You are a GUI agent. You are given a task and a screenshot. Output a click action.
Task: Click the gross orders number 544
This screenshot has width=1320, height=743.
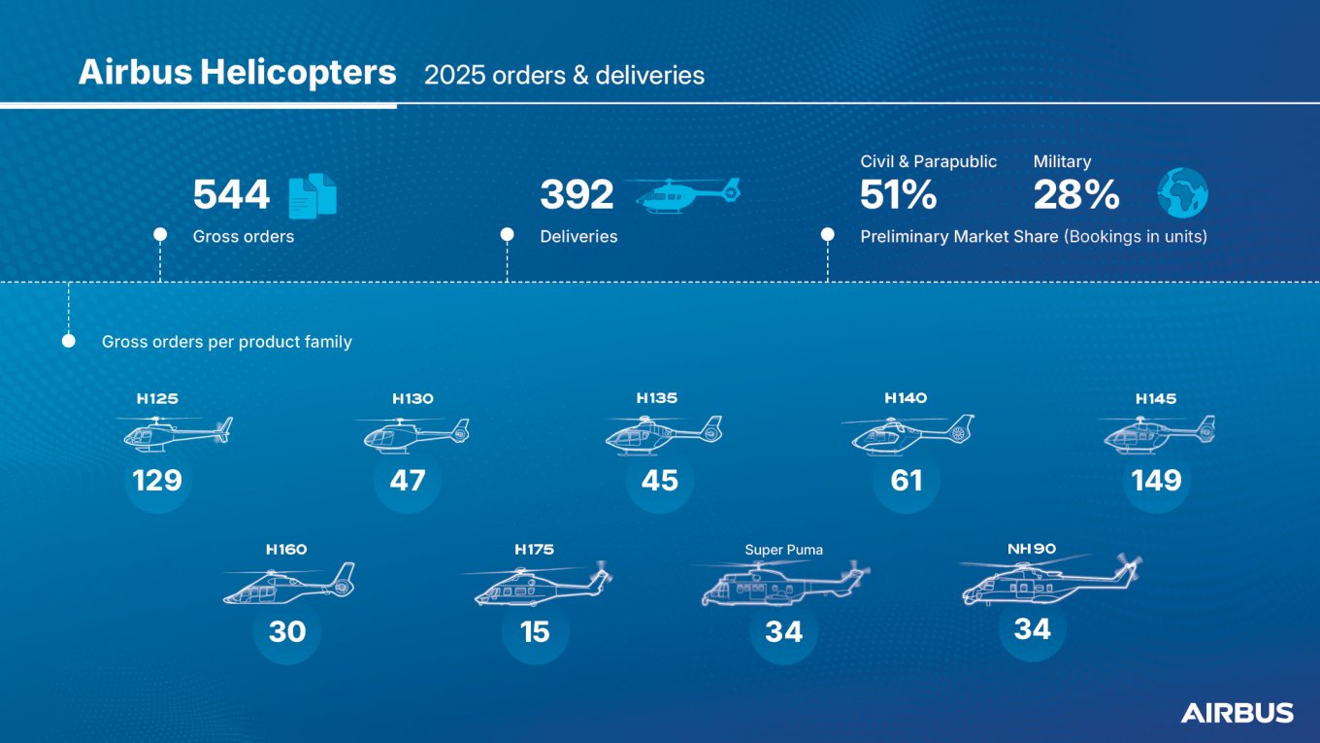231,195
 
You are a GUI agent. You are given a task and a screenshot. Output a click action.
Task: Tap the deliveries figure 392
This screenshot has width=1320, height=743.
577,195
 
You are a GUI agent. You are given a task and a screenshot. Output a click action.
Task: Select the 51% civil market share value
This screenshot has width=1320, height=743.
898,195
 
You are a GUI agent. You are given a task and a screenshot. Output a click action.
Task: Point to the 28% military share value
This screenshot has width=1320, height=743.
1075,195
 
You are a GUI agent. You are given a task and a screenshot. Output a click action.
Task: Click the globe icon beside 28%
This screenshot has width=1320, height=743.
1182,192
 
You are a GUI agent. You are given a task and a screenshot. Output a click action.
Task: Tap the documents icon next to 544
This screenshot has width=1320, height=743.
313,195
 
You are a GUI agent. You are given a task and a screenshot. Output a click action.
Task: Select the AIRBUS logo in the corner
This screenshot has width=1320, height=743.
1237,713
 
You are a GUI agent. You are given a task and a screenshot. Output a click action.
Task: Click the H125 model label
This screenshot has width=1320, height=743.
157,398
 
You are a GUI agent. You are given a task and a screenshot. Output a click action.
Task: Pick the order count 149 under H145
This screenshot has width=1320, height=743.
1156,480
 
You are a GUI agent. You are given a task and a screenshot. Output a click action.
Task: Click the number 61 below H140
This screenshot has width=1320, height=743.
907,480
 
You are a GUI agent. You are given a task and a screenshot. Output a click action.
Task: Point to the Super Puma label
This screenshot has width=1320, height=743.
783,550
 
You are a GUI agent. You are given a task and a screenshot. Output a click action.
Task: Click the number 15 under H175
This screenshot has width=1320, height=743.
535,631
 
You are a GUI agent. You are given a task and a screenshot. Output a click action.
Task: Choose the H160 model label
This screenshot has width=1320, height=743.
286,550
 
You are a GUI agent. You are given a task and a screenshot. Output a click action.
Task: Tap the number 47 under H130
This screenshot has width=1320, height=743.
407,480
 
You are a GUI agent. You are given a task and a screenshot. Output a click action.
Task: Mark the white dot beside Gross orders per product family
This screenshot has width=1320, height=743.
69,341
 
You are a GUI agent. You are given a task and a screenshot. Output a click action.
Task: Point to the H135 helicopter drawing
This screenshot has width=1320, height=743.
662,434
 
